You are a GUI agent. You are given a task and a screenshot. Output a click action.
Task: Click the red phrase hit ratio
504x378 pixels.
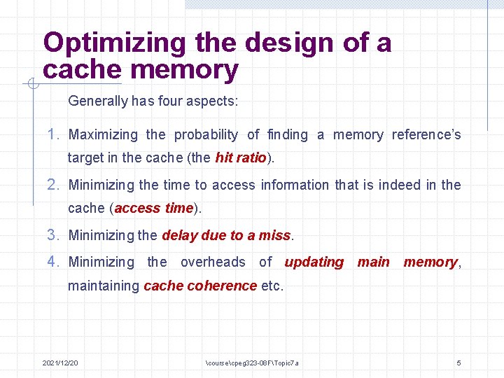(241, 157)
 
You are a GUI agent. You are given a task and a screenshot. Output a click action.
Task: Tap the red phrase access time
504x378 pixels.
(153, 208)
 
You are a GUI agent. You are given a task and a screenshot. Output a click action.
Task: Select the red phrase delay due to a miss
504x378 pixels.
(225, 235)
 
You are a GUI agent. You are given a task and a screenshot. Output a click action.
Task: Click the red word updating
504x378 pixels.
(314, 262)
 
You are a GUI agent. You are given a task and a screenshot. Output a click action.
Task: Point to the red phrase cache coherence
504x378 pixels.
(199, 286)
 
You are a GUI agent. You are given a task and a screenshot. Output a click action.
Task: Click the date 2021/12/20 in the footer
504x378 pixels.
(60, 363)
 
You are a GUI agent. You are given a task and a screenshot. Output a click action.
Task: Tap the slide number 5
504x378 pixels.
(458, 363)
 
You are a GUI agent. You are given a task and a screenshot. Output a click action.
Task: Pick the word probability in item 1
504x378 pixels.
(206, 134)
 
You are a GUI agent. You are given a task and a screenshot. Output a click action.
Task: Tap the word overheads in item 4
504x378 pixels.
(213, 262)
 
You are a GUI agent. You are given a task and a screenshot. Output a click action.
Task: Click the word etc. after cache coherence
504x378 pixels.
(272, 286)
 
